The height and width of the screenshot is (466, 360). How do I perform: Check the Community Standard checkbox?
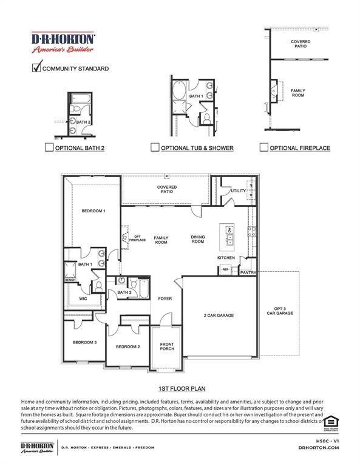click(x=36, y=68)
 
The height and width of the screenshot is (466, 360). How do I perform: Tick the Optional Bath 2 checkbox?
click(x=49, y=147)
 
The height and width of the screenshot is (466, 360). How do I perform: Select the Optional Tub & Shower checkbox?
click(x=155, y=147)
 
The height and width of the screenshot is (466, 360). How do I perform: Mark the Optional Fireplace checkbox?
click(x=263, y=147)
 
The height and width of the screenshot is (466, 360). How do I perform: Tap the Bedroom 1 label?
click(x=93, y=211)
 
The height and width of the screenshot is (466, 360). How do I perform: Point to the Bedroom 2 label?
click(x=128, y=346)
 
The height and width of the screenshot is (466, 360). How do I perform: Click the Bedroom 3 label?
click(x=84, y=343)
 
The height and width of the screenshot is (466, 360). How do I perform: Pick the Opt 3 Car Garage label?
click(x=279, y=311)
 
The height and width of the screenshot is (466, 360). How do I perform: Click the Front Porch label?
click(x=167, y=346)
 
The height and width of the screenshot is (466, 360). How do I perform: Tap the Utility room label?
click(x=238, y=191)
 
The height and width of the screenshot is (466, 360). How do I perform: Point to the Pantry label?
click(x=248, y=272)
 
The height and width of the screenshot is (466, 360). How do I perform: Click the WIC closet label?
click(x=83, y=299)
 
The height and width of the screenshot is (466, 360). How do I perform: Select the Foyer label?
click(x=165, y=299)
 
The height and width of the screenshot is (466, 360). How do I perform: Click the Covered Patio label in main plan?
click(x=166, y=189)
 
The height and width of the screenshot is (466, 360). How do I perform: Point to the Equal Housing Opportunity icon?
click(x=331, y=422)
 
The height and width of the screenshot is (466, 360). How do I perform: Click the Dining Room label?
click(x=197, y=239)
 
